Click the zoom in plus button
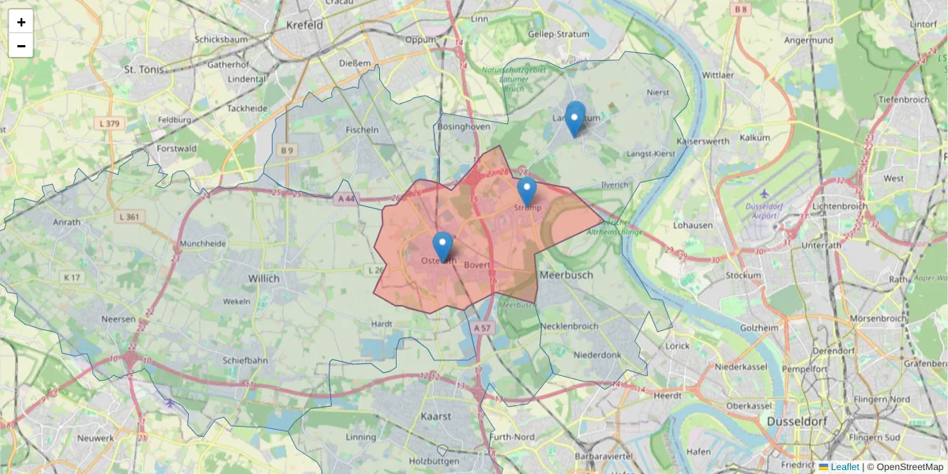(x=21, y=22)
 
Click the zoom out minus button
(x=21, y=46)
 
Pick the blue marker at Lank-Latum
(x=575, y=118)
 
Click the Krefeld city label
(x=304, y=25)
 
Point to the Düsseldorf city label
(x=796, y=422)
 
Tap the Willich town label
(x=264, y=279)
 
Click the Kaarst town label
(x=437, y=416)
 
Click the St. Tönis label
(x=144, y=70)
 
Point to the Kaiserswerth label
(x=702, y=141)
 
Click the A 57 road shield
(x=483, y=327)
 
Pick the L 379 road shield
(x=110, y=124)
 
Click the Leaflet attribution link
(x=845, y=467)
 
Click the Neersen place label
(x=118, y=319)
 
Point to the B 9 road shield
(x=287, y=149)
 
